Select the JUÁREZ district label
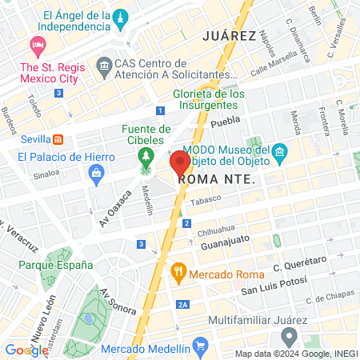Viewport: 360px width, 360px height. pos(229,36)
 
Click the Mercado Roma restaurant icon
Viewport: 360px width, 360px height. pos(178,273)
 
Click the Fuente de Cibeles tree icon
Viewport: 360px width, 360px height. pos(145,154)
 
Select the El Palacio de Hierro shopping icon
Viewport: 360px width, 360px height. pos(97,172)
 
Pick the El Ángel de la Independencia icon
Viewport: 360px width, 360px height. pos(120,17)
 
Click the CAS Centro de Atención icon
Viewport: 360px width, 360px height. pos(104,64)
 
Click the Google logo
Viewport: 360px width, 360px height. pos(26,350)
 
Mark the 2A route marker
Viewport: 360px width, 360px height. pos(183,305)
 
